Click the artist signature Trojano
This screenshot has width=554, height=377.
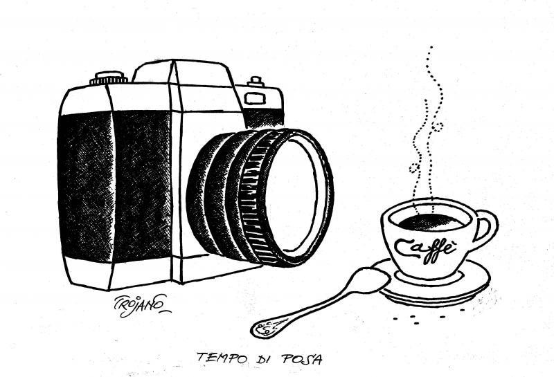tap(141, 304)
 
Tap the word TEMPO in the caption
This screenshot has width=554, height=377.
tap(220, 358)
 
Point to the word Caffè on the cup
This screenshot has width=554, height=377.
tap(424, 248)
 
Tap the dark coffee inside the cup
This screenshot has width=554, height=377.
tap(431, 222)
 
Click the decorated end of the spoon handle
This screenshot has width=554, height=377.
tap(267, 327)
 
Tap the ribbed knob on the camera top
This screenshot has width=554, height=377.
tap(109, 78)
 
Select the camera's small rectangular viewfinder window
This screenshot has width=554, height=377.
tap(255, 98)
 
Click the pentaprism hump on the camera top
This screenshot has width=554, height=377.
tap(184, 73)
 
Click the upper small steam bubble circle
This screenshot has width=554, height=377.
tap(438, 126)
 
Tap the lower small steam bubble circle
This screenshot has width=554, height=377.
tap(414, 167)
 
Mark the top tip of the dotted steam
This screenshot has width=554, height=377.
tap(431, 47)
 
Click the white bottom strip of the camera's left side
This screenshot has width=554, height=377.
tap(89, 272)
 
